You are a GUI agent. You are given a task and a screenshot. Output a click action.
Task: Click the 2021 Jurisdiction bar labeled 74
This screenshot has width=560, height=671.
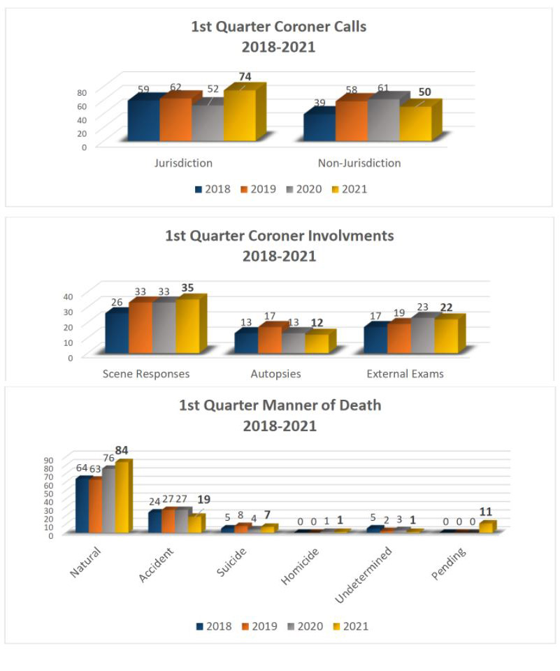click(x=239, y=116)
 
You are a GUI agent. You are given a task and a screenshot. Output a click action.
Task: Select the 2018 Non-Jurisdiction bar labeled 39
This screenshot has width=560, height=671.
click(x=319, y=127)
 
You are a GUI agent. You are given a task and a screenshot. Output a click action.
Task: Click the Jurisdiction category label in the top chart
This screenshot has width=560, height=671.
click(x=183, y=163)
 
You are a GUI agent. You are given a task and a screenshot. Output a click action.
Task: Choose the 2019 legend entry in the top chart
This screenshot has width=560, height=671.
click(x=258, y=189)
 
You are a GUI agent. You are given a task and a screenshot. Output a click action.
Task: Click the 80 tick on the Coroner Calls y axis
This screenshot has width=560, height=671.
click(x=82, y=92)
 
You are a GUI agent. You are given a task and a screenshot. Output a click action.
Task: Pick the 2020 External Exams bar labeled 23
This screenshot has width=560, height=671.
click(x=422, y=336)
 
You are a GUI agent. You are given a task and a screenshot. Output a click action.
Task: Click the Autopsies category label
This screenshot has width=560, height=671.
click(x=275, y=373)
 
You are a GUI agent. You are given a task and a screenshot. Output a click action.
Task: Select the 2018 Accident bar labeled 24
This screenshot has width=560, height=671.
click(x=155, y=522)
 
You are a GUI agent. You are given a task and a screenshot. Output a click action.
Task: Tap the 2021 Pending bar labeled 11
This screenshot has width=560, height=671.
click(x=487, y=528)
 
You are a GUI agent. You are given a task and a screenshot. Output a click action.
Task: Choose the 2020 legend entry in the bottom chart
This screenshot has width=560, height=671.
click(x=305, y=626)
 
